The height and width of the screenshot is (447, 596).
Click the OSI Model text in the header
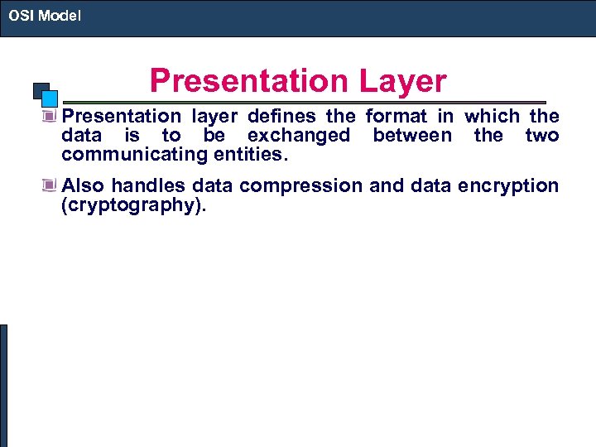click(x=45, y=15)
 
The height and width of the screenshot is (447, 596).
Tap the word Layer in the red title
click(x=403, y=81)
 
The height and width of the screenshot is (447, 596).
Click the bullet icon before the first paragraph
click(x=50, y=117)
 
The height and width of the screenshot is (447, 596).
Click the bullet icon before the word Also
click(x=50, y=186)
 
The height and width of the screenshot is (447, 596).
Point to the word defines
click(x=280, y=117)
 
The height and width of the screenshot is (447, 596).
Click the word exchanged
click(x=298, y=136)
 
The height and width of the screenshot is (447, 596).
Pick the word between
click(x=412, y=136)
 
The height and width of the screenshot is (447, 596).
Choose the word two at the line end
click(x=542, y=136)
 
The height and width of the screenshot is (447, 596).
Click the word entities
click(x=250, y=155)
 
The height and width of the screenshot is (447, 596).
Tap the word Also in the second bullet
click(x=83, y=186)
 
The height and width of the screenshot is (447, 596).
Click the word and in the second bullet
click(x=385, y=186)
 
